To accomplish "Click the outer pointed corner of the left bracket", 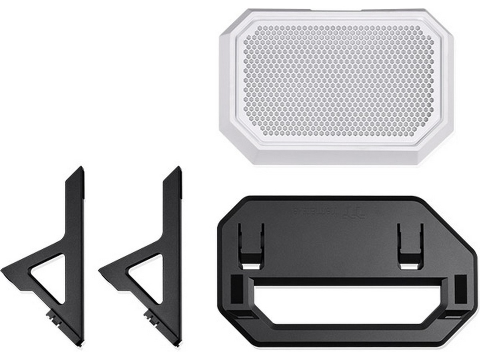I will pyautogui.click(x=3, y=271).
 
